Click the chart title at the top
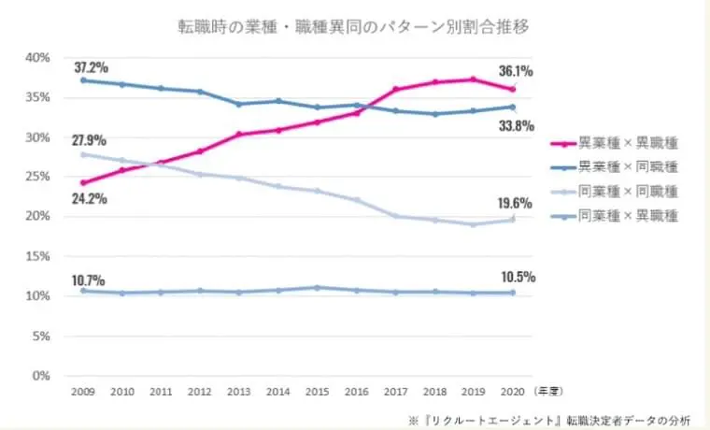click(354, 25)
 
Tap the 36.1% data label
click(516, 69)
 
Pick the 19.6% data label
click(516, 201)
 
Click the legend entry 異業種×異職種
click(627, 143)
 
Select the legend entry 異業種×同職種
click(627, 166)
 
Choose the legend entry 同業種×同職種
click(627, 191)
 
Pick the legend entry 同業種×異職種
click(627, 216)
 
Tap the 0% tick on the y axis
click(41, 376)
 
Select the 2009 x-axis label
click(83, 392)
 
